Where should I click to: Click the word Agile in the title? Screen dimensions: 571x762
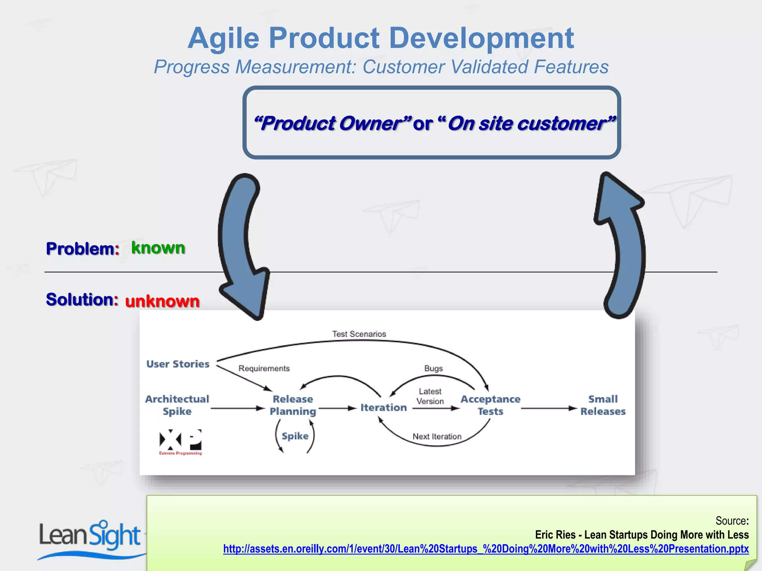[223, 39]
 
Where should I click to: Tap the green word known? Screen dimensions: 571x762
[158, 248]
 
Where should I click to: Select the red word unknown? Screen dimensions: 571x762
[162, 301]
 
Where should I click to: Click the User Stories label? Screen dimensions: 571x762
[178, 364]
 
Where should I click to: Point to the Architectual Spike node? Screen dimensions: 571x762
[177, 405]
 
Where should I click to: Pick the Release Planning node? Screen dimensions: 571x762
[293, 405]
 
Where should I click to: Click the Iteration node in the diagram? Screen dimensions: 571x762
[384, 408]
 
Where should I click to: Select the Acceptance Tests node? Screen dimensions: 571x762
[490, 405]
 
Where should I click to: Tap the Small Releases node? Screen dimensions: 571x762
[603, 405]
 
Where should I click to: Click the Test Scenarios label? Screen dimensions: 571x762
[359, 334]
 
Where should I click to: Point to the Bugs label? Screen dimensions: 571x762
[433, 368]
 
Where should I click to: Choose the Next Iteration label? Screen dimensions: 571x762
[437, 436]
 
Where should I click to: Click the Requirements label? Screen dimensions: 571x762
[264, 368]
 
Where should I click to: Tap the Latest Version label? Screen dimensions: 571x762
[430, 396]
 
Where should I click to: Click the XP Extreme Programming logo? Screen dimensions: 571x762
[180, 442]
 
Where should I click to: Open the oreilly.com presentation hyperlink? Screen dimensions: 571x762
[486, 549]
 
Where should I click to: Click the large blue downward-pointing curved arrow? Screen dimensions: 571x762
[242, 245]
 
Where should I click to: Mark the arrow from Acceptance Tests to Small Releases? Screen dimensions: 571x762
[549, 409]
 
